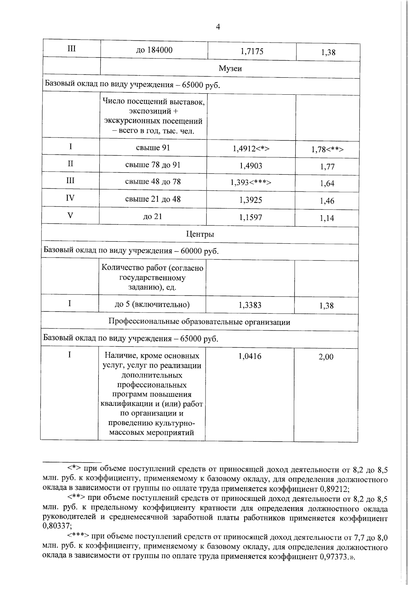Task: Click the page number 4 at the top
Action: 218,27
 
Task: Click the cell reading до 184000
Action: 154,50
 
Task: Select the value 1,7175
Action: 252,52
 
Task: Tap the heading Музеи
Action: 230,69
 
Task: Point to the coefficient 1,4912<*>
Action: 251,149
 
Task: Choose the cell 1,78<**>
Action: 327,150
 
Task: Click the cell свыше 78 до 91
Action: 153,165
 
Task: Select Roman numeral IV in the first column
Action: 70,198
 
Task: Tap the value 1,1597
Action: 250,218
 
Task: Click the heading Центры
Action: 200,234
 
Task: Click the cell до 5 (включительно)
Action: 152,305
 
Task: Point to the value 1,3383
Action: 250,305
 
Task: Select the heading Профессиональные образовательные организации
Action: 199,322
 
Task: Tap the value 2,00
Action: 326,357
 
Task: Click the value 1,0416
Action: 249,356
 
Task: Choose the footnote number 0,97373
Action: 333,556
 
